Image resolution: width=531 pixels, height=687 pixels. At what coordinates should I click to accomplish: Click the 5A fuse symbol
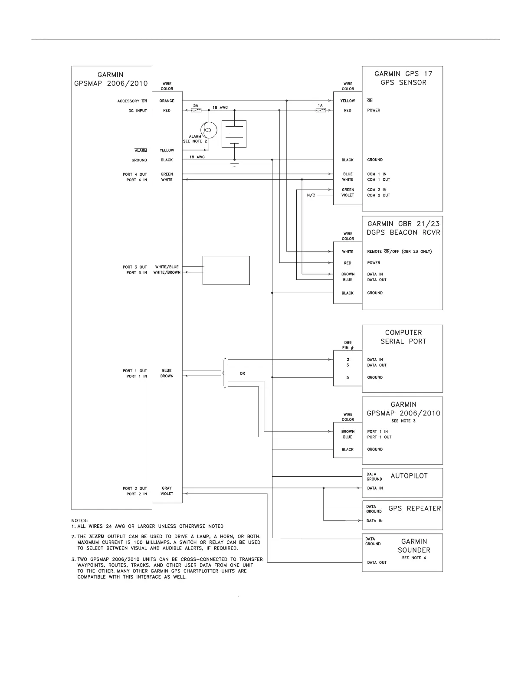[196, 111]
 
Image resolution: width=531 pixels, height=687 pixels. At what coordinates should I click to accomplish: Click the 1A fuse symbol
[321, 111]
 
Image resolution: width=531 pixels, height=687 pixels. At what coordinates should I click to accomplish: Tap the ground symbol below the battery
[234, 165]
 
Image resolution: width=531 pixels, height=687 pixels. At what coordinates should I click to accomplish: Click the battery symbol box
[234, 134]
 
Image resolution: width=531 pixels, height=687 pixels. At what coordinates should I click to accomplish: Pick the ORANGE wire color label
[167, 101]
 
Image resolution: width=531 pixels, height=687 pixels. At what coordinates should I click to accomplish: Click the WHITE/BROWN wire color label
[167, 272]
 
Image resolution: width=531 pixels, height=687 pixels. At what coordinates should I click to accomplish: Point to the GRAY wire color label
[167, 488]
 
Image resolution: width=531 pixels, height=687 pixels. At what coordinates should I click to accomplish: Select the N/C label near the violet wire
[311, 196]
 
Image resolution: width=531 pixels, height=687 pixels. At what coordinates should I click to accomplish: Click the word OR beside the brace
[242, 373]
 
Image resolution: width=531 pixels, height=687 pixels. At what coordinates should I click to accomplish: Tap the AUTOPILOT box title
[409, 476]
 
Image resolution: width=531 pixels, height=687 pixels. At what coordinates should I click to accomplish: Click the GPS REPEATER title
[415, 508]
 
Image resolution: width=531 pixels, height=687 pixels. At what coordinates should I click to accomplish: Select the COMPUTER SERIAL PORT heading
[403, 337]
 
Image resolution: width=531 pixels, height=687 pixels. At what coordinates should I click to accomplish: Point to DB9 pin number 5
[347, 378]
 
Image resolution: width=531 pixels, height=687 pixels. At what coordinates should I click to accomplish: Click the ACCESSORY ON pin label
[132, 101]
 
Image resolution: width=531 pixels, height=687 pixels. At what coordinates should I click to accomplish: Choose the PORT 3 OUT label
[134, 267]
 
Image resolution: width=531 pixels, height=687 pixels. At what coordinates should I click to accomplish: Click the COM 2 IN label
[377, 190]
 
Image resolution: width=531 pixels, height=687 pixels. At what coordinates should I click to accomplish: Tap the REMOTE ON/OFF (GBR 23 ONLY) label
[399, 252]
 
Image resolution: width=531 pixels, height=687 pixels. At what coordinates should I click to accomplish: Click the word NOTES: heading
[79, 520]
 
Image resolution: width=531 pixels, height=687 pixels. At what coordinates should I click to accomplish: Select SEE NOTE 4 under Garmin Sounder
[414, 558]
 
